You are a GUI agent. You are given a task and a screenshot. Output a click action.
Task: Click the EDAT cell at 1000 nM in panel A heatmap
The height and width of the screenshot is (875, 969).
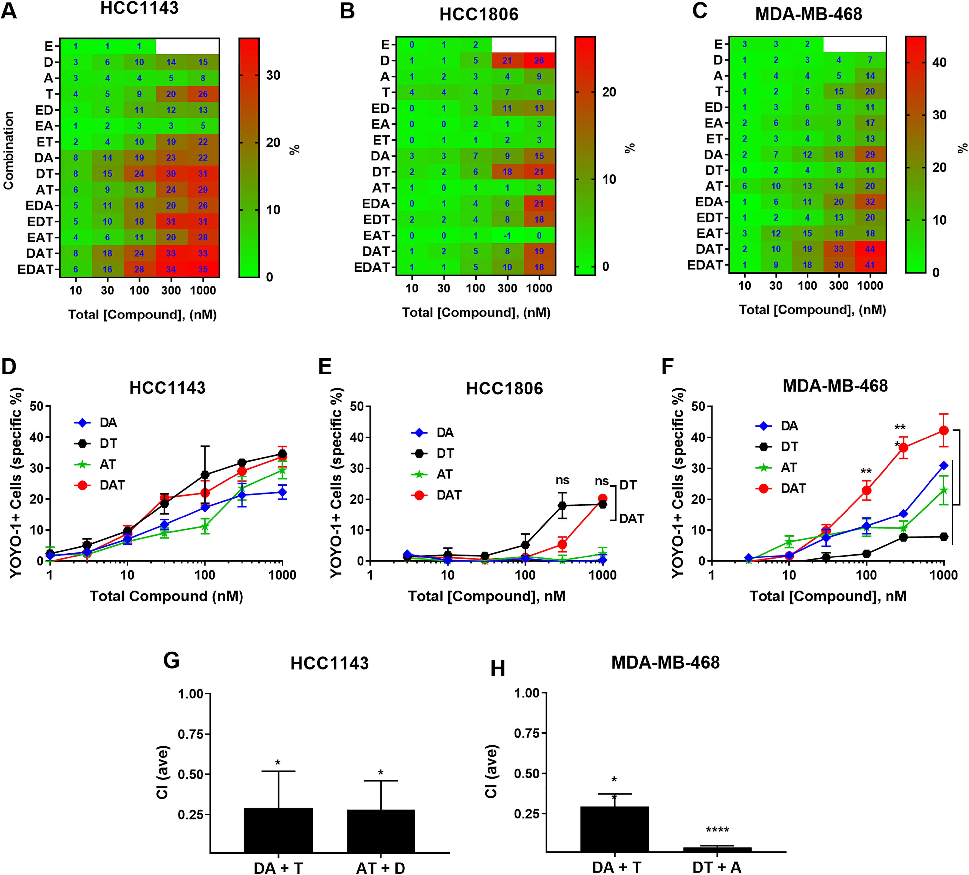pos(203,269)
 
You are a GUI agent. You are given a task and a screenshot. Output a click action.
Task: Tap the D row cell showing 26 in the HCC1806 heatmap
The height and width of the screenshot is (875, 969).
pos(539,61)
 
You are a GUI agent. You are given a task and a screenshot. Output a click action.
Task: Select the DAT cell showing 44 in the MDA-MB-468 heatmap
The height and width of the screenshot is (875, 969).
pos(870,249)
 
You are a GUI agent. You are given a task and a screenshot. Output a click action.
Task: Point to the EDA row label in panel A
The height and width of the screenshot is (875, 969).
pos(40,206)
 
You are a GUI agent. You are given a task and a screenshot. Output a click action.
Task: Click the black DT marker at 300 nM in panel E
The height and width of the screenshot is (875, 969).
pos(562,506)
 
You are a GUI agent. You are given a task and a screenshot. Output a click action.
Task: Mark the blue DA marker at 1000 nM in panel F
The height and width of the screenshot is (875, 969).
pos(943,466)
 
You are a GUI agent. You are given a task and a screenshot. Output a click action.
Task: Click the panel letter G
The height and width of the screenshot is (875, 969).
pos(172,661)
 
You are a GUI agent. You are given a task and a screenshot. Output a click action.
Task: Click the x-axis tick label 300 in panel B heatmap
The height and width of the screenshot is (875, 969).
pos(507,288)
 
